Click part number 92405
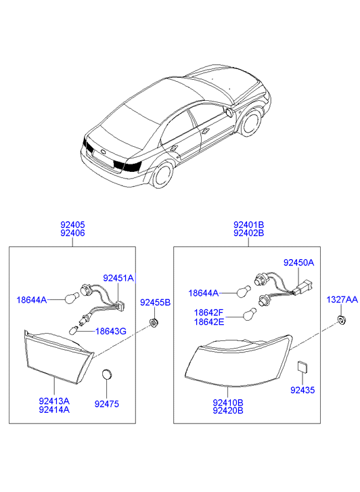click(x=72, y=225)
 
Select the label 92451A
click(x=118, y=278)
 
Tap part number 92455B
click(x=155, y=303)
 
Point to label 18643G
click(x=111, y=331)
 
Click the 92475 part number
click(x=107, y=404)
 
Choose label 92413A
click(x=54, y=401)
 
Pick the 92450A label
click(x=299, y=263)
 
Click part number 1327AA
click(x=342, y=300)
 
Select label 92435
click(x=302, y=390)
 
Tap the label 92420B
click(x=228, y=411)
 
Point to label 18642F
click(x=208, y=313)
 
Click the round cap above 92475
click(x=107, y=374)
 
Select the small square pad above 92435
click(x=302, y=367)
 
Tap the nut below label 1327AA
click(x=342, y=320)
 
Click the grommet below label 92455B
click(x=154, y=322)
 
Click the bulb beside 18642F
click(x=250, y=314)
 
